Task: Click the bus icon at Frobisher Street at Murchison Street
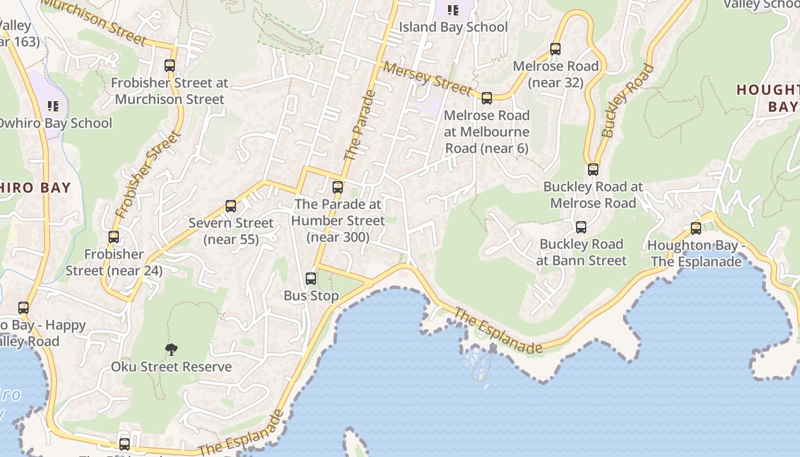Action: tap(170, 66)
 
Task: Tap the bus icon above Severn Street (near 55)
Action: tap(231, 206)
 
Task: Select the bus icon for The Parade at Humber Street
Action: tap(338, 187)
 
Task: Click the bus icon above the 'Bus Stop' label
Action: tap(311, 279)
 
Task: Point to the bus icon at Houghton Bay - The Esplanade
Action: tap(696, 228)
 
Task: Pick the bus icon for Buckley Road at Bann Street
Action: tap(581, 227)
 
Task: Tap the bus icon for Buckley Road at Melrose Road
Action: tap(593, 170)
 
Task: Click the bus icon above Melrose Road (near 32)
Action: tap(555, 49)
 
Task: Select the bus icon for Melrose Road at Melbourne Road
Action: tap(487, 98)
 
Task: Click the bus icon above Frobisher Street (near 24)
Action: tap(114, 237)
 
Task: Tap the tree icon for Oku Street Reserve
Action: tap(171, 350)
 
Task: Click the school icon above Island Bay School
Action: tap(453, 10)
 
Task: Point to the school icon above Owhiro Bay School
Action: tap(53, 106)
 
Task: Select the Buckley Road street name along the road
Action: tap(627, 101)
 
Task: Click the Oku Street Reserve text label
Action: tap(171, 367)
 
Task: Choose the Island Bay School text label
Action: tap(453, 27)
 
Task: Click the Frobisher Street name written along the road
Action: tap(148, 175)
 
